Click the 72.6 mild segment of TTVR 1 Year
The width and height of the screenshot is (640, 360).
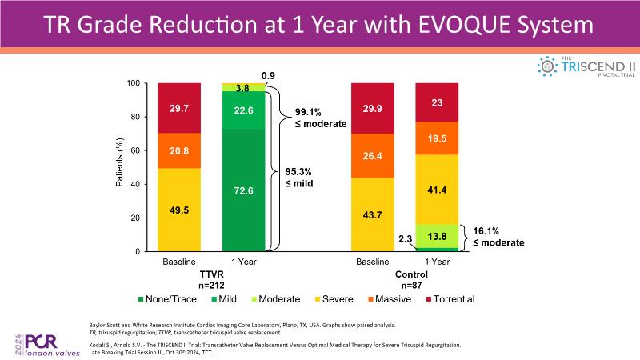pos(243,190)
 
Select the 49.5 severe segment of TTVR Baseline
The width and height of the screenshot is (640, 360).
pos(179,210)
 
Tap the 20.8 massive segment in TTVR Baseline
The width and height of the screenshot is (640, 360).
pos(179,150)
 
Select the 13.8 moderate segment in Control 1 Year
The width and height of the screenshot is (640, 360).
pos(437,236)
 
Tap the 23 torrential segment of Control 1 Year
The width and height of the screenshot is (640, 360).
pos(437,102)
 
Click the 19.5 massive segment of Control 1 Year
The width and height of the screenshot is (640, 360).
pos(437,138)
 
